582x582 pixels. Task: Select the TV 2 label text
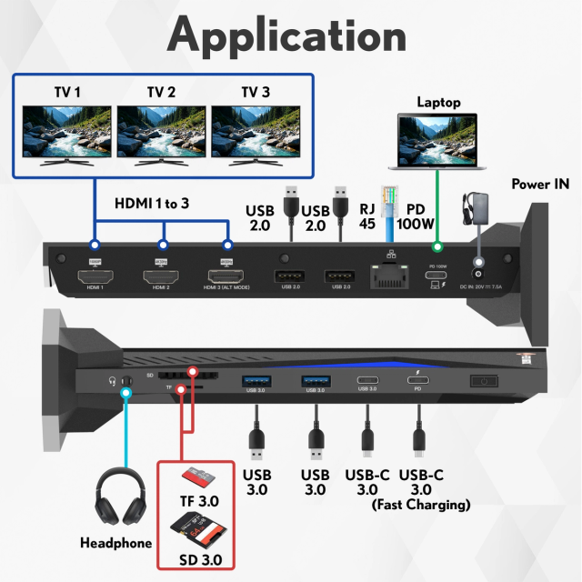pyautogui.click(x=162, y=91)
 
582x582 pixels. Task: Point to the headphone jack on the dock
pyautogui.click(x=126, y=383)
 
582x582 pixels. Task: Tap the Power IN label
pyautogui.click(x=540, y=184)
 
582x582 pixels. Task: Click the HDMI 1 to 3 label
pyautogui.click(x=152, y=204)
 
